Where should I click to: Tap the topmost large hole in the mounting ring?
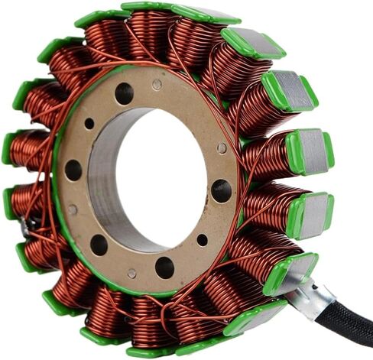click(x=124, y=93)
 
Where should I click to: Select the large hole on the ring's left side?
click(x=73, y=169)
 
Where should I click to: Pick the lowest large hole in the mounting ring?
click(x=164, y=267)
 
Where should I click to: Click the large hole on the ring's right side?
click(x=221, y=190)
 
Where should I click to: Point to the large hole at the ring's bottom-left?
click(x=99, y=244)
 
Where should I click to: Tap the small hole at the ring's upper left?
click(x=89, y=123)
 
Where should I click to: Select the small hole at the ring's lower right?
click(x=202, y=240)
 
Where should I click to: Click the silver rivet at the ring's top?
click(x=157, y=85)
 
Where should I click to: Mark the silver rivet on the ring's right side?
click(x=222, y=148)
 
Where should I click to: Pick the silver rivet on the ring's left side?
click(x=73, y=209)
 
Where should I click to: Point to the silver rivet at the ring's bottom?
click(x=131, y=273)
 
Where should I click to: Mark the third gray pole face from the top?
click(x=310, y=149)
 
